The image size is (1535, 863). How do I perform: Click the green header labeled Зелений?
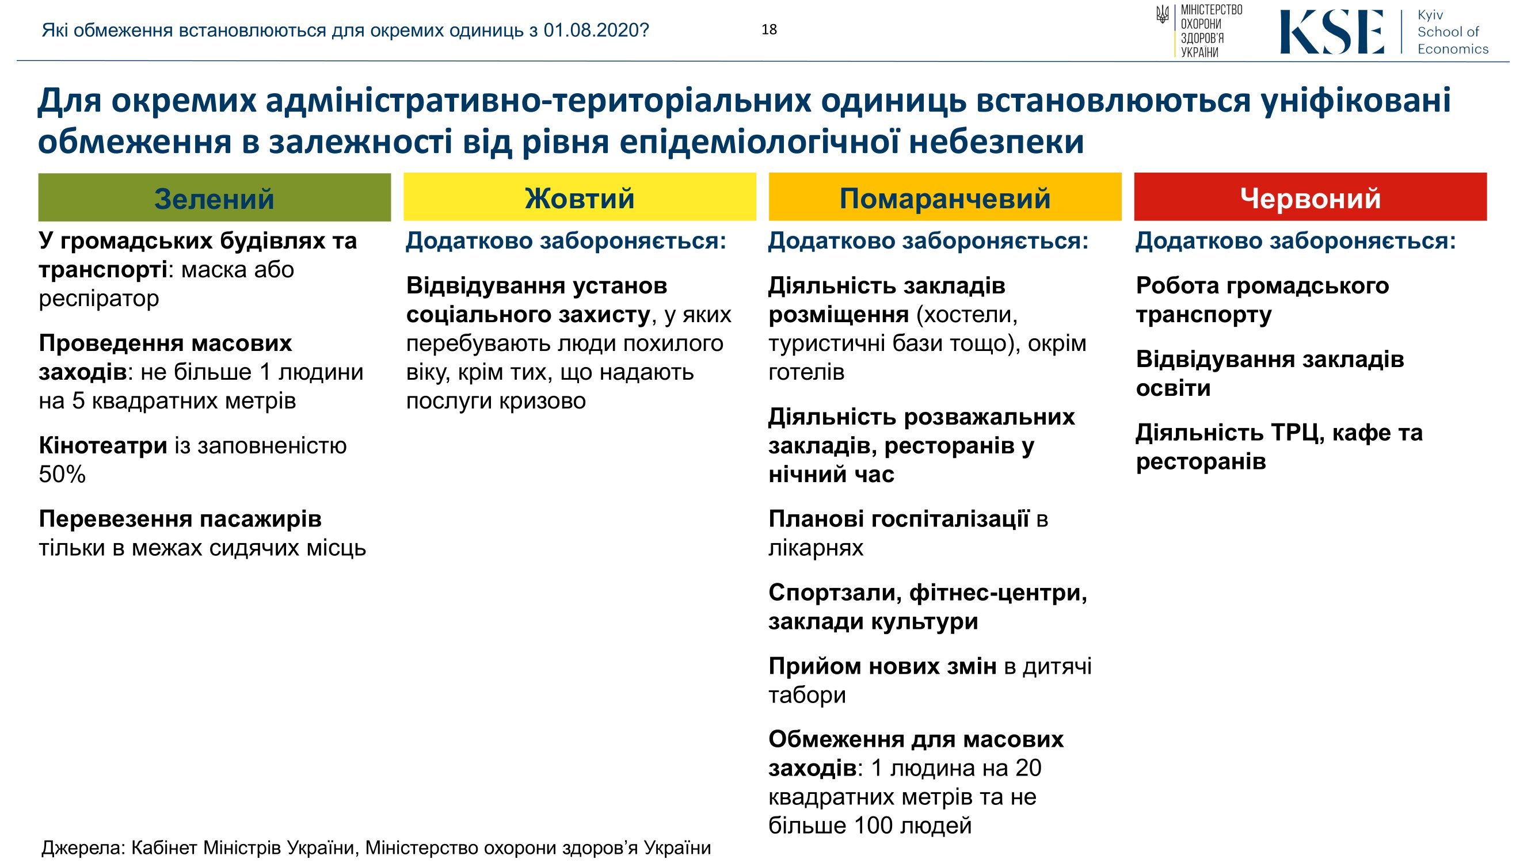[x=215, y=197]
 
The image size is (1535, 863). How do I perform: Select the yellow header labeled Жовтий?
[x=580, y=197]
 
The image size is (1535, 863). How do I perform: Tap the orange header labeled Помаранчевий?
[x=945, y=197]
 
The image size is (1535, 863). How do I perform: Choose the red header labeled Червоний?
[x=1311, y=197]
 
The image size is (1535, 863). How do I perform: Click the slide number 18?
[x=769, y=30]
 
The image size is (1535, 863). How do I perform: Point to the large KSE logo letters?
[x=1332, y=32]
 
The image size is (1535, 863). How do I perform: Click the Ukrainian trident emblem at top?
[x=1162, y=14]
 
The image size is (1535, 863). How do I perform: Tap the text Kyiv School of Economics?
[x=1452, y=32]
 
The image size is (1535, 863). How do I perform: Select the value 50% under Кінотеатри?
[x=62, y=475]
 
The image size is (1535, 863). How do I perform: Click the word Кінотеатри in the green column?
[x=103, y=445]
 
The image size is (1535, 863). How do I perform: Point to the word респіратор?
[x=99, y=299]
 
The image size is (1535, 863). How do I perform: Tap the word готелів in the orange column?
[x=806, y=372]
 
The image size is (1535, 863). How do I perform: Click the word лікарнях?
[x=816, y=548]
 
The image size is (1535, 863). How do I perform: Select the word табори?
[x=808, y=695]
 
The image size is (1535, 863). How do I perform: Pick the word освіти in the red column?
[x=1174, y=388]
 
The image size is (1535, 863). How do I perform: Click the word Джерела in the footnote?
[x=83, y=847]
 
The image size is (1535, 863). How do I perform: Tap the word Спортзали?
[x=835, y=593]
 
